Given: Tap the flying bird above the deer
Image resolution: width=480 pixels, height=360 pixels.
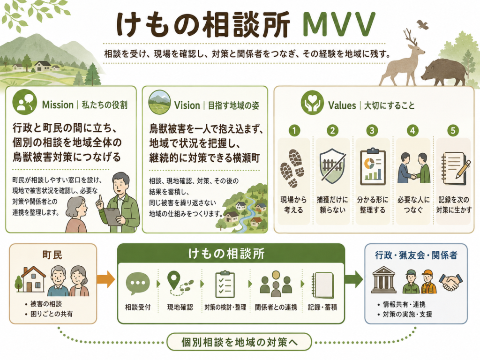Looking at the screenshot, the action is [x=422, y=24].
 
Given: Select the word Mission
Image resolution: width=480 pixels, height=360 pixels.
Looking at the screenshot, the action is [x=58, y=105].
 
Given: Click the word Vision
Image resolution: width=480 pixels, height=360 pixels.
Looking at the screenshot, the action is [x=187, y=105].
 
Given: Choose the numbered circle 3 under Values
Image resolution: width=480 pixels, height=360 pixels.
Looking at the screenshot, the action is [x=372, y=131].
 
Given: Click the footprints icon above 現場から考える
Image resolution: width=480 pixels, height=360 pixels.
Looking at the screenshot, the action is [x=292, y=168].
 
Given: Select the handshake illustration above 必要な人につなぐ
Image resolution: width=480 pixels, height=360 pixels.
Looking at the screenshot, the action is [x=413, y=168].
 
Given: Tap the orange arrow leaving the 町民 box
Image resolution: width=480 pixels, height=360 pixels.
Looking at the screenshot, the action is [x=105, y=279].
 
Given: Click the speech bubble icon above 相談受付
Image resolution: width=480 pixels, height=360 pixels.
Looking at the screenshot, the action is [x=138, y=284].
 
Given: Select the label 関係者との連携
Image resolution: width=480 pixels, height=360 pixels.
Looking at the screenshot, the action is [x=276, y=307].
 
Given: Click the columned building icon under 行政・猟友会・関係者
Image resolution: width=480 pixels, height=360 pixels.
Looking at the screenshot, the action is [x=384, y=280].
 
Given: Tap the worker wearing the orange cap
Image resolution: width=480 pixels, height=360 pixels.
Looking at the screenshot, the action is [x=428, y=282].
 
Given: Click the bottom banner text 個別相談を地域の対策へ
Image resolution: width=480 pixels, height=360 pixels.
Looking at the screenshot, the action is [x=240, y=342].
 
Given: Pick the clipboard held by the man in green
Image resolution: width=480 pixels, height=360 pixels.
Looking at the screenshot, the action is [x=112, y=217].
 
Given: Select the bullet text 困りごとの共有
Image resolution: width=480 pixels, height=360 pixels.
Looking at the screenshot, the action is [x=52, y=314].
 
